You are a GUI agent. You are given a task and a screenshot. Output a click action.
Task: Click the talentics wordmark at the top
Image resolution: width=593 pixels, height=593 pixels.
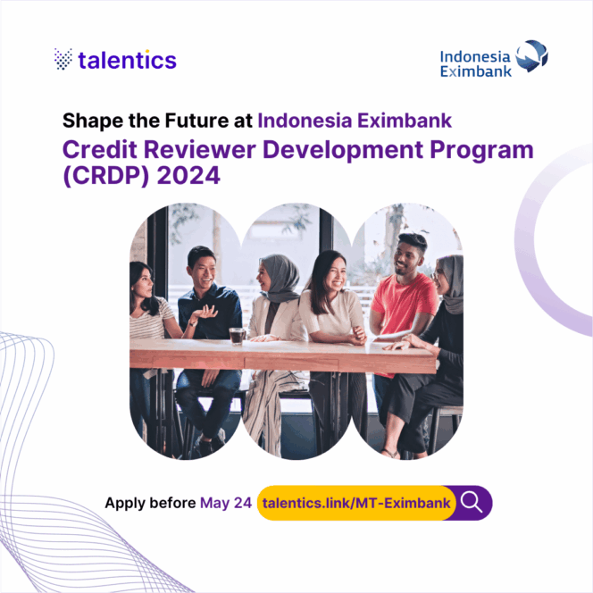127,61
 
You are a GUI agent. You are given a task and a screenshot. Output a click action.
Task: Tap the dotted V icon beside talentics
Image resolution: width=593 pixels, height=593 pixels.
63,60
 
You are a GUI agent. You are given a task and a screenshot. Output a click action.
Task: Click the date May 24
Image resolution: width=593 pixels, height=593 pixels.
226,503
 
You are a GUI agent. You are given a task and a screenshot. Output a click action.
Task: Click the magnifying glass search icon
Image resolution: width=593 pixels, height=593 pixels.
472,503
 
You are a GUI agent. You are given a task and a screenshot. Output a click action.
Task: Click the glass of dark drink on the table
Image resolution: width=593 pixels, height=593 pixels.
237,337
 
